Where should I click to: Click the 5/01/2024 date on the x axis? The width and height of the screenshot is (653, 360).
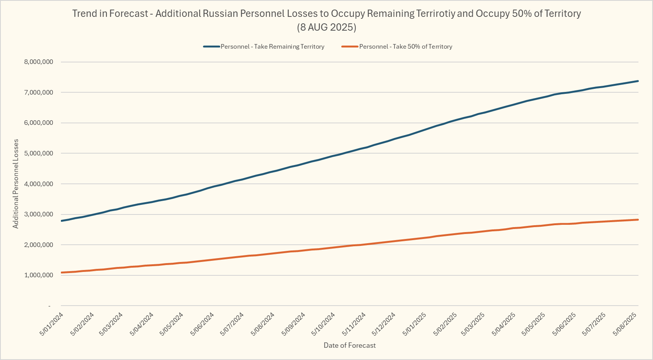coord(51,324)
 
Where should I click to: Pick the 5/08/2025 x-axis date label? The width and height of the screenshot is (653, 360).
coord(625,324)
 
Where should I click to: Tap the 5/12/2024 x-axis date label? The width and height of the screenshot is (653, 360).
coord(384,324)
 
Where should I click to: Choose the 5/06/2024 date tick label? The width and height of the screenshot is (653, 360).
coord(202,324)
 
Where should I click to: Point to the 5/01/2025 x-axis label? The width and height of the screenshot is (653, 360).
coord(414,324)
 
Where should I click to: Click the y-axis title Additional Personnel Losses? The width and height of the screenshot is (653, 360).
coord(16,184)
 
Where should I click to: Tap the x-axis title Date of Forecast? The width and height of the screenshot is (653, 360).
coord(350,345)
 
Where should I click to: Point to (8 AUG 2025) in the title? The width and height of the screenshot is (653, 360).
coord(327,27)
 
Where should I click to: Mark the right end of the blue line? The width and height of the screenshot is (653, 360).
coord(638,81)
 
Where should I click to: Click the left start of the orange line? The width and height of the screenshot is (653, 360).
coord(61,273)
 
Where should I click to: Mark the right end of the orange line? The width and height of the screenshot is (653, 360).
coord(638,219)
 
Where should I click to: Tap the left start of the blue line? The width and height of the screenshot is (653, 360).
coord(61,221)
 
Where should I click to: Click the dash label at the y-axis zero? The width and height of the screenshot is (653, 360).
coord(49,306)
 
